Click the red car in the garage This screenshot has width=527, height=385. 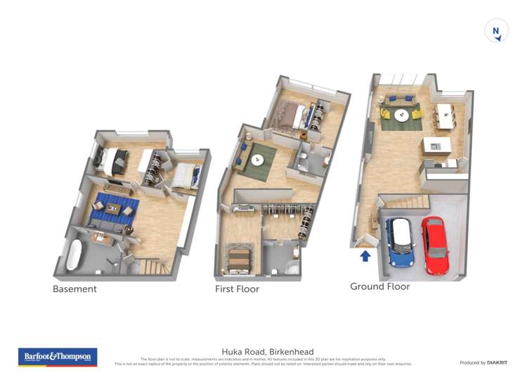click(x=435, y=245)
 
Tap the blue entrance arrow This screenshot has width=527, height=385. click(x=365, y=256)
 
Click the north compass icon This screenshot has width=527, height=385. click(x=497, y=31)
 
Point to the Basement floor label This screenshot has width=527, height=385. click(x=74, y=289)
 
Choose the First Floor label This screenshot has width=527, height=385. click(x=237, y=289)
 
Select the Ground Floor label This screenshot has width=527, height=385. click(x=379, y=286)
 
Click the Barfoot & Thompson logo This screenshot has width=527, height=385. click(x=58, y=357)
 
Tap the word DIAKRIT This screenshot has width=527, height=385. click(x=497, y=362)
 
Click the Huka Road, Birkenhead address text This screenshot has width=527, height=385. click(x=268, y=351)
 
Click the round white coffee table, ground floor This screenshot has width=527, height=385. click(x=401, y=115)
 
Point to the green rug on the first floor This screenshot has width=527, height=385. click(x=256, y=161)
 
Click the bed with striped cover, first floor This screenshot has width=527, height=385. click(x=238, y=258)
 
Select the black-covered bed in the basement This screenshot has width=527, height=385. click(x=112, y=161)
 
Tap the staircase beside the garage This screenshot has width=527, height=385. click(x=411, y=203)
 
